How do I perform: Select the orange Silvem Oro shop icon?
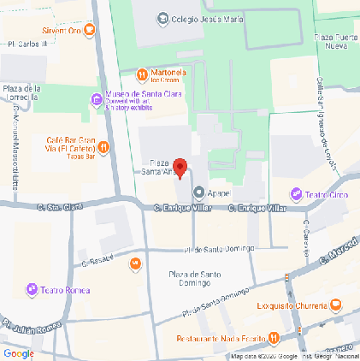90,31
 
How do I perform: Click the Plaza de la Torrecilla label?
23,92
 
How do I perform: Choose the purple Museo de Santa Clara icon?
96,102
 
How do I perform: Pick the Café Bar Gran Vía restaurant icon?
102,146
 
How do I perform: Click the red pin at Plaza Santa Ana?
180,168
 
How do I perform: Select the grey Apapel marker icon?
199,192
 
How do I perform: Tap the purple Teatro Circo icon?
297,193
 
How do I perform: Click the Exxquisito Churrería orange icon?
336,305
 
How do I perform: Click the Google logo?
19,352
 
